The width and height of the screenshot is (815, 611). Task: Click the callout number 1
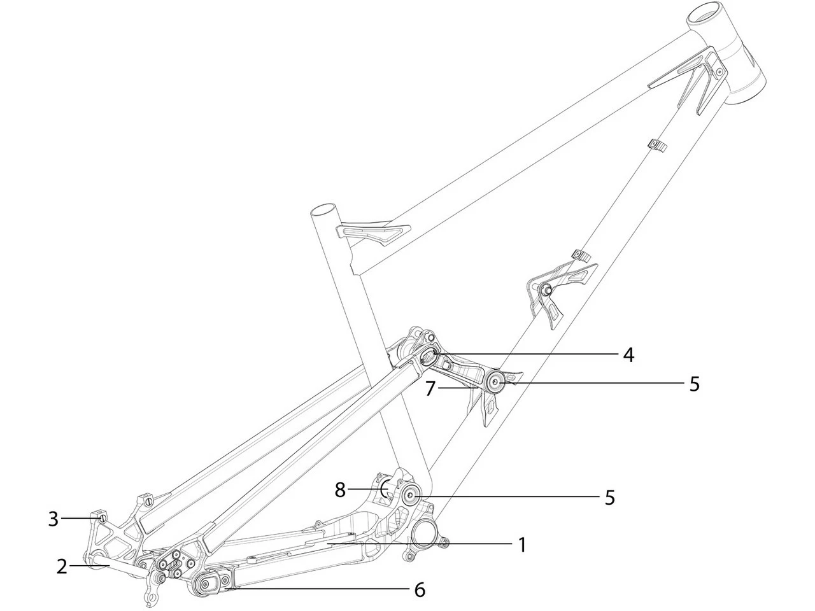(x=521, y=545)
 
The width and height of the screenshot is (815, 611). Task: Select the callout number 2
(x=62, y=566)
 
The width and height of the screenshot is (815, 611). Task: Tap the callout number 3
(x=53, y=519)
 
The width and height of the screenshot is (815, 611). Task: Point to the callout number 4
(x=628, y=354)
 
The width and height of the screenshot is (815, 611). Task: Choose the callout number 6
(x=419, y=589)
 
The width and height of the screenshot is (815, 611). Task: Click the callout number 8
(x=341, y=490)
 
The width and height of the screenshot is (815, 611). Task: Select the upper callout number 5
(x=694, y=384)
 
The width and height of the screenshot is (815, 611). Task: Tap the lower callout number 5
(x=609, y=497)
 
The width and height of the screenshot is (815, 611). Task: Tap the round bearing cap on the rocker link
(x=495, y=383)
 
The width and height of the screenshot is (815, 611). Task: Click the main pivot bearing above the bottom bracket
(x=409, y=495)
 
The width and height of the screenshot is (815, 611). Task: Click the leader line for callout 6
(x=318, y=589)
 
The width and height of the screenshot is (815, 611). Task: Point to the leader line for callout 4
(x=528, y=353)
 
